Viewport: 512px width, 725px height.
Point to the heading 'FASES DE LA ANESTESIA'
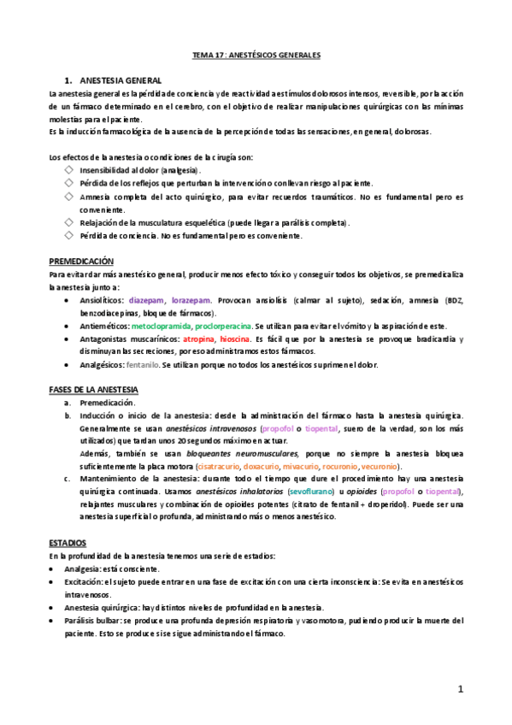click(94, 390)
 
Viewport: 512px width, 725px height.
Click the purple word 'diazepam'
click(146, 300)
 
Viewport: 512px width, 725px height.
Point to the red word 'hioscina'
click(234, 339)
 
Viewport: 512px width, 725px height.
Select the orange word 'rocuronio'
click(338, 467)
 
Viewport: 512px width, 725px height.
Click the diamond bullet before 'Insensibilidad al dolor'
click(69, 170)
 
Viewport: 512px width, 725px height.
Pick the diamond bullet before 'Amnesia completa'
click(69, 197)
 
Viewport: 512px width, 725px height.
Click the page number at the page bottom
click(460, 688)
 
